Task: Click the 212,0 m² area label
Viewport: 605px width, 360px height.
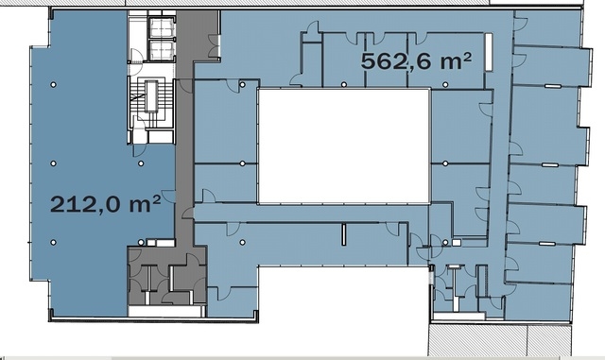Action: (x=105, y=203)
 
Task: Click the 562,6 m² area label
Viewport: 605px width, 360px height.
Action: (x=416, y=61)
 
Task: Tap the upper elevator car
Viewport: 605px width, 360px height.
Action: (x=163, y=27)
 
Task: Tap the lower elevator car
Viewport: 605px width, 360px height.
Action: (x=163, y=50)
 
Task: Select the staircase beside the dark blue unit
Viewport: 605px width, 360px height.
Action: (x=151, y=101)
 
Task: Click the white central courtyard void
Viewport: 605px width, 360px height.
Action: (x=343, y=146)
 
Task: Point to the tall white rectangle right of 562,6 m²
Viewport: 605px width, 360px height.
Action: (x=489, y=52)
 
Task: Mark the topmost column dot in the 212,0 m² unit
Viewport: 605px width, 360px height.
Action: (x=54, y=84)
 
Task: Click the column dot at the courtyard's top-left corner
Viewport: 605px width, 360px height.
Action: (x=242, y=84)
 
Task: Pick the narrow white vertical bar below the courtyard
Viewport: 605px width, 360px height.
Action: (x=343, y=234)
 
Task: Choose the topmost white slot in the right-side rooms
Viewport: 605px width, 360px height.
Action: (x=552, y=86)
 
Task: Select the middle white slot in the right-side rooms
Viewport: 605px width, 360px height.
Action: (x=550, y=165)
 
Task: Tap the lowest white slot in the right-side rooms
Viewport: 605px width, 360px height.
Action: (x=547, y=244)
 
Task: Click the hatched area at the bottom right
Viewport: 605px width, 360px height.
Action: (x=500, y=340)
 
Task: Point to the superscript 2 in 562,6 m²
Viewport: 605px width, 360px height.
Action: (x=466, y=59)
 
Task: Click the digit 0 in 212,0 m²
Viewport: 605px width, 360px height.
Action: (x=114, y=204)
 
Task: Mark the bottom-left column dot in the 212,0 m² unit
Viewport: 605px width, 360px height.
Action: (x=54, y=242)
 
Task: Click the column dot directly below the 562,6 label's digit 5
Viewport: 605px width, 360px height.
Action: (x=344, y=84)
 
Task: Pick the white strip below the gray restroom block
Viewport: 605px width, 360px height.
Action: (x=166, y=311)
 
